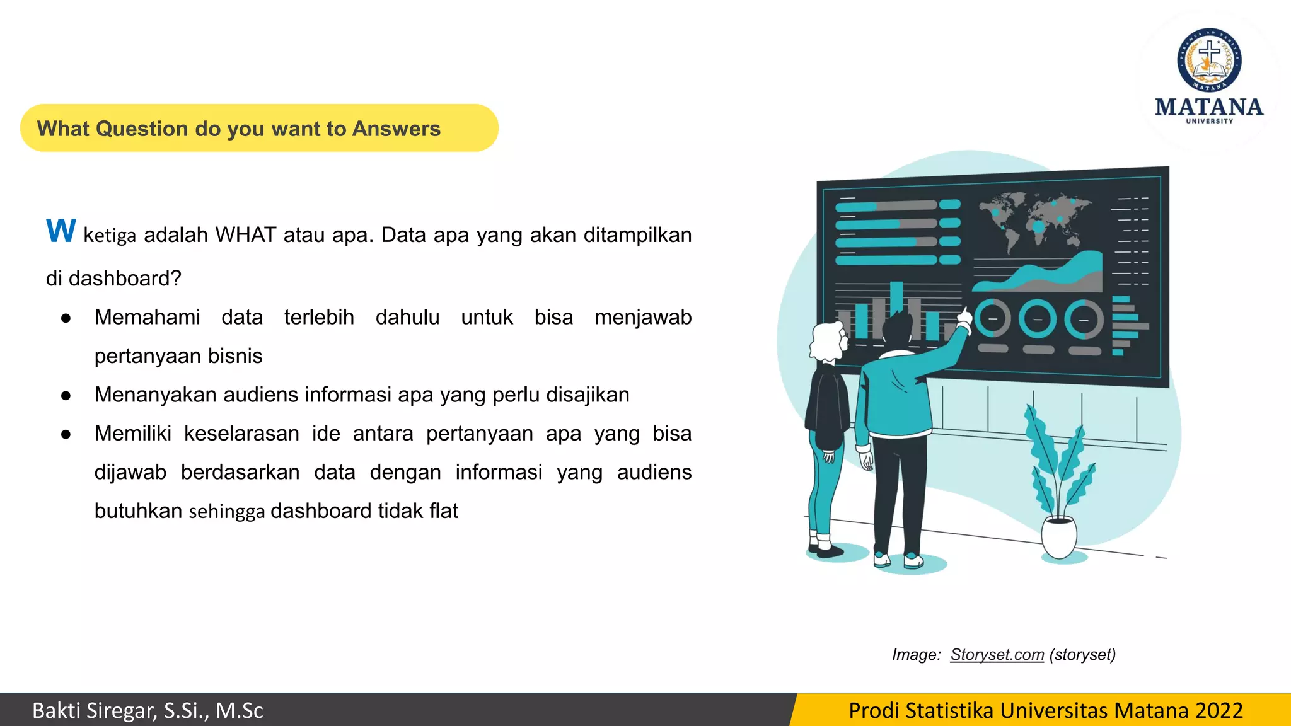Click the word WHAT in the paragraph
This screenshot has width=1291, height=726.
click(x=245, y=235)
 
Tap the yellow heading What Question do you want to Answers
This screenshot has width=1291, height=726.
click(x=239, y=129)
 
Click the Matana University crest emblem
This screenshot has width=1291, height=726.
click(x=1209, y=60)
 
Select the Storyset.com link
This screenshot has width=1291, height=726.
click(x=997, y=655)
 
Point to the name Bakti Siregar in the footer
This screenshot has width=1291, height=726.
click(x=93, y=710)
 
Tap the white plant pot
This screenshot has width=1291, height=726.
click(x=1058, y=536)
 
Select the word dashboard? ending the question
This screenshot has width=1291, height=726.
click(x=125, y=279)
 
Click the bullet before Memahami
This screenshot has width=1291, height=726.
click(x=66, y=318)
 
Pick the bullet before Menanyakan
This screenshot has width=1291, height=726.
click(x=66, y=396)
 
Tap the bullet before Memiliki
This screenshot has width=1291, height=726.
click(x=66, y=434)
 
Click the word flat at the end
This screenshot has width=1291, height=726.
click(x=443, y=511)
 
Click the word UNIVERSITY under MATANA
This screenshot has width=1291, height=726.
click(x=1209, y=121)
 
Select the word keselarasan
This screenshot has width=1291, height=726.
click(x=241, y=434)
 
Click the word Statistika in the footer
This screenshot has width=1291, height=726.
click(x=949, y=710)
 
